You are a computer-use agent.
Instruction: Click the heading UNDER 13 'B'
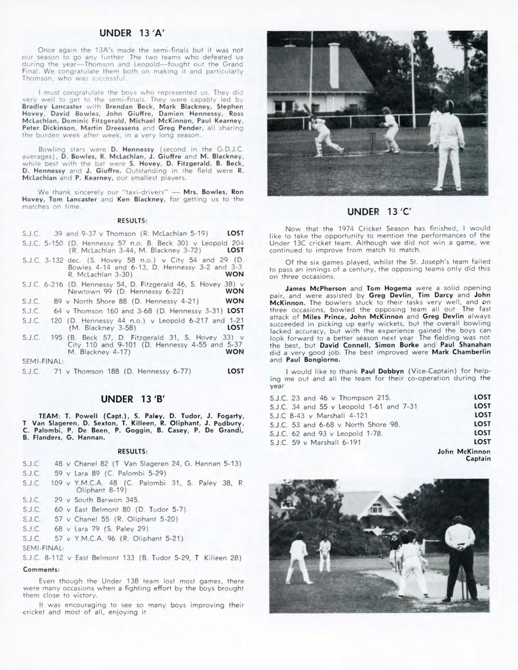pos(132,398)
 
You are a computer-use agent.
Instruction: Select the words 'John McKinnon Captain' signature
pos(464,455)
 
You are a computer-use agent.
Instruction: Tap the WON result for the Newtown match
pos(235,291)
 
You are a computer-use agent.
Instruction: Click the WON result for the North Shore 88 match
pos(235,301)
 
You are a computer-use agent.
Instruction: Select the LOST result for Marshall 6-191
pos(482,442)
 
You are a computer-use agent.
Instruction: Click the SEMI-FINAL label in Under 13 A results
pos(43,361)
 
